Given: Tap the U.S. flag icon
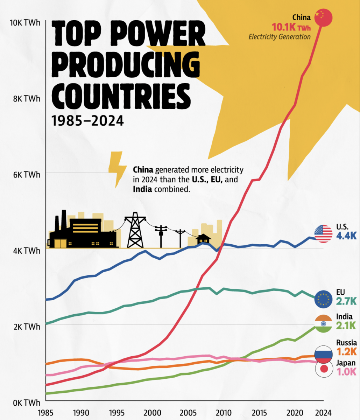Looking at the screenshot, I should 323,234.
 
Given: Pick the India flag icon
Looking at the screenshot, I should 323,323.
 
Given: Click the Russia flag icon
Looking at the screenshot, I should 323,354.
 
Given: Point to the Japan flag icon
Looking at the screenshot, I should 323,369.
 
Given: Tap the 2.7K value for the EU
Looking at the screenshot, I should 346,301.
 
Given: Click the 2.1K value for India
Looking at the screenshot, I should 346,325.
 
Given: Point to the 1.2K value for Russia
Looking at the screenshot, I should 346,351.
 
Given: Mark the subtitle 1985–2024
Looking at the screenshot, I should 88,121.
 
